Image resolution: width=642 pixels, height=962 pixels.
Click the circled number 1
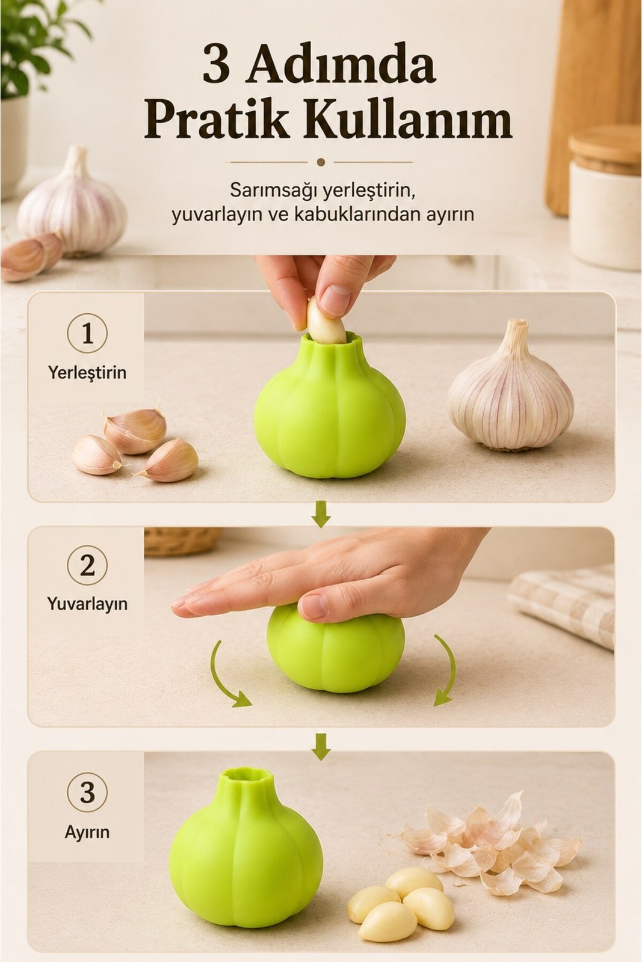[87, 334]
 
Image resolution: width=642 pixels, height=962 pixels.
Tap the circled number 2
[87, 566]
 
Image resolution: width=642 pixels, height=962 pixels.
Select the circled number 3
[87, 793]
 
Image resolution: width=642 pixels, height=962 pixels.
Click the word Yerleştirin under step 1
[87, 372]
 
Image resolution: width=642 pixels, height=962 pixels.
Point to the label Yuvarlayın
[87, 604]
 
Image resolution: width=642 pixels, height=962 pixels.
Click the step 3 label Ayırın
[87, 832]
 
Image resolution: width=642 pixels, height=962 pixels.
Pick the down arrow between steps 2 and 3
[321, 746]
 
